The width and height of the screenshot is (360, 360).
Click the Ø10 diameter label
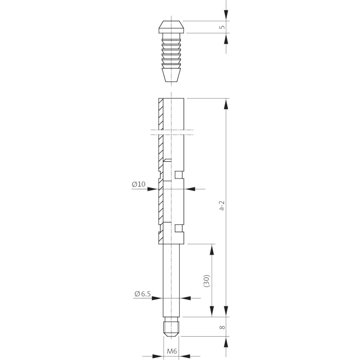[x=139, y=184]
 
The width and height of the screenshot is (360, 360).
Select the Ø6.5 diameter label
[x=142, y=294]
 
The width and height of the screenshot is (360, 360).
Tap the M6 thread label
[x=172, y=351]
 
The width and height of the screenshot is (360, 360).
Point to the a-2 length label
[x=221, y=206]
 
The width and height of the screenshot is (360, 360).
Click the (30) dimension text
[x=207, y=280]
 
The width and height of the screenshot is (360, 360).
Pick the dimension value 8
[x=222, y=327]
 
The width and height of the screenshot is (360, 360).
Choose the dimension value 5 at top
[x=222, y=27]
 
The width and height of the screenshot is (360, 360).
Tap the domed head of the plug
[x=171, y=27]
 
